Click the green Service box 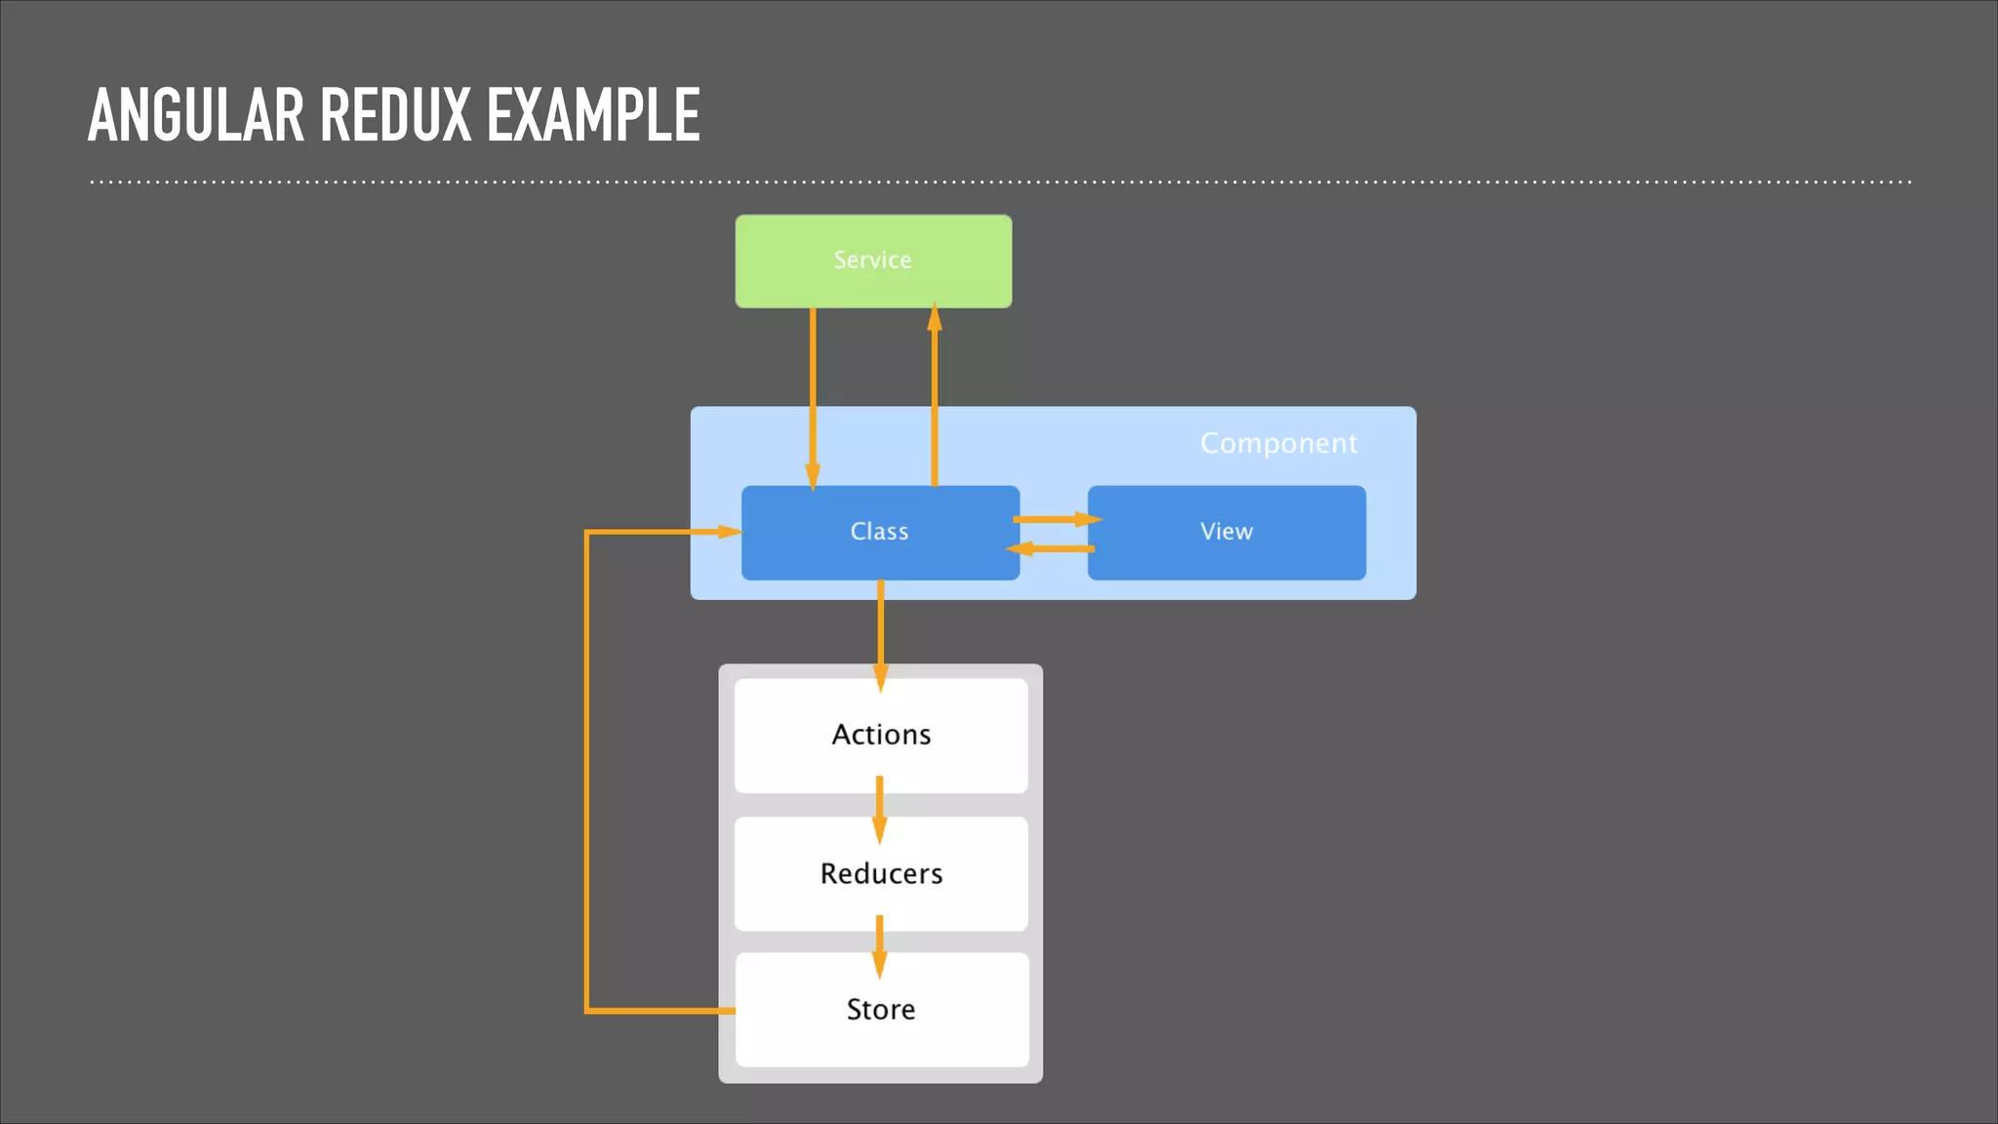873,261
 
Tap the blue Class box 879,532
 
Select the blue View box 1226,532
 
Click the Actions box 881,735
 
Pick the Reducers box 881,873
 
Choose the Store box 881,1009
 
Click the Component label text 1278,443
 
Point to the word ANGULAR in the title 195,115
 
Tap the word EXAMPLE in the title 593,115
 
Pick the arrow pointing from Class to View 1056,519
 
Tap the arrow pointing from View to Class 1052,549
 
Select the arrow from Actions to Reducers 879,808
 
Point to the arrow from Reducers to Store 879,944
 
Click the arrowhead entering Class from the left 729,532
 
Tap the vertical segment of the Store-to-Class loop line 586,771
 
